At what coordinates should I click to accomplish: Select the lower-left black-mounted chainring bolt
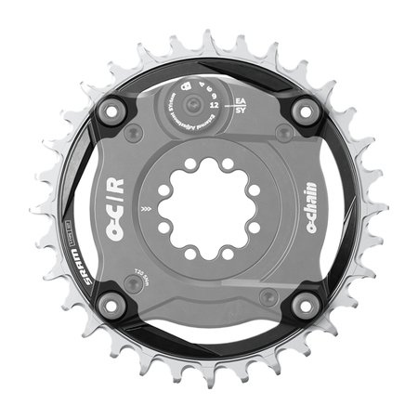[x=111, y=304]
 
